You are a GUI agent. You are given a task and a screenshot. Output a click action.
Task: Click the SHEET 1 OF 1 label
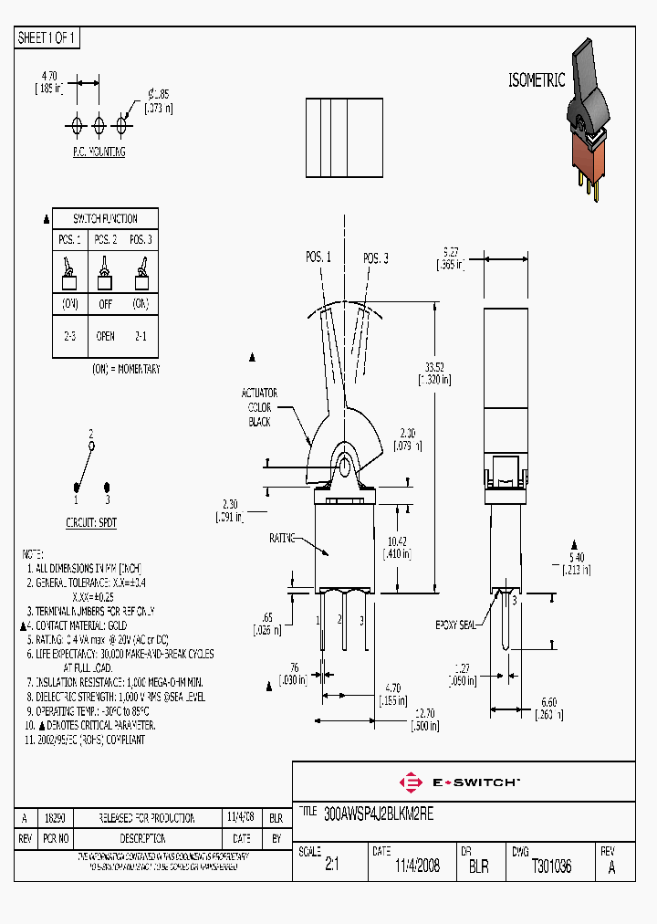pyautogui.click(x=47, y=37)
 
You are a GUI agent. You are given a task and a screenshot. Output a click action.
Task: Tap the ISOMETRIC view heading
pyautogui.click(x=536, y=80)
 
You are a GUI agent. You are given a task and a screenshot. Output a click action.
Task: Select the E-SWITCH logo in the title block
pyautogui.click(x=459, y=782)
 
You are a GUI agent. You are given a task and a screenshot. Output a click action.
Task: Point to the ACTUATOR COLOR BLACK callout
pyautogui.click(x=259, y=407)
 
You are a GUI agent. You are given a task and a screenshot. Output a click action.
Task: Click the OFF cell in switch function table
pyautogui.click(x=105, y=303)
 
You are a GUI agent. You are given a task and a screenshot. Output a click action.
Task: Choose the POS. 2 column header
pyautogui.click(x=105, y=239)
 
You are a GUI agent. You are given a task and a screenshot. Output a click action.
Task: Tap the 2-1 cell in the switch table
pyautogui.click(x=140, y=336)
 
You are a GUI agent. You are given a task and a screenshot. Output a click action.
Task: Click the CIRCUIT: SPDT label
pyautogui.click(x=91, y=522)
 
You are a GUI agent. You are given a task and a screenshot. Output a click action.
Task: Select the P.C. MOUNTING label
pyautogui.click(x=99, y=152)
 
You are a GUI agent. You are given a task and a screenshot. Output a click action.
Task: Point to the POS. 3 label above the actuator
pyautogui.click(x=375, y=258)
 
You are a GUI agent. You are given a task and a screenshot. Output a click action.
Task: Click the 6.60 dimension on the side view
pyautogui.click(x=547, y=702)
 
